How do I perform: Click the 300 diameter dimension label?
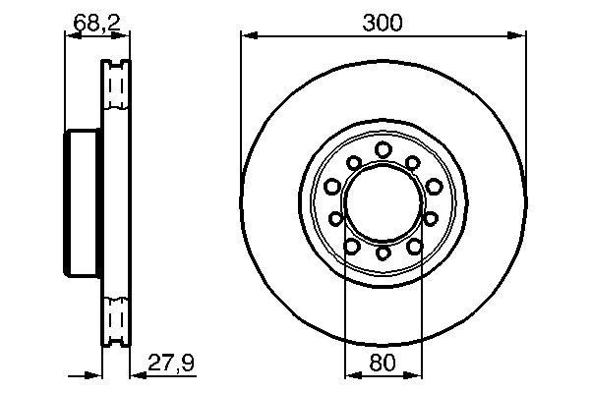click(x=383, y=23)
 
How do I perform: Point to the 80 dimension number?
click(x=383, y=363)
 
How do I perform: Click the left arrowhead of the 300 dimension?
click(x=247, y=37)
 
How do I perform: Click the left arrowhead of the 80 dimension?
click(x=350, y=373)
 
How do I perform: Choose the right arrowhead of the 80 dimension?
click(x=416, y=373)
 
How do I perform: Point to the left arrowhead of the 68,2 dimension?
click(x=69, y=35)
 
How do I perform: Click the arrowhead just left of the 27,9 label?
click(x=137, y=373)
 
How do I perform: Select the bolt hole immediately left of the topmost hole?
click(x=353, y=162)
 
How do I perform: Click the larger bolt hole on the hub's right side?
click(x=433, y=187)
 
